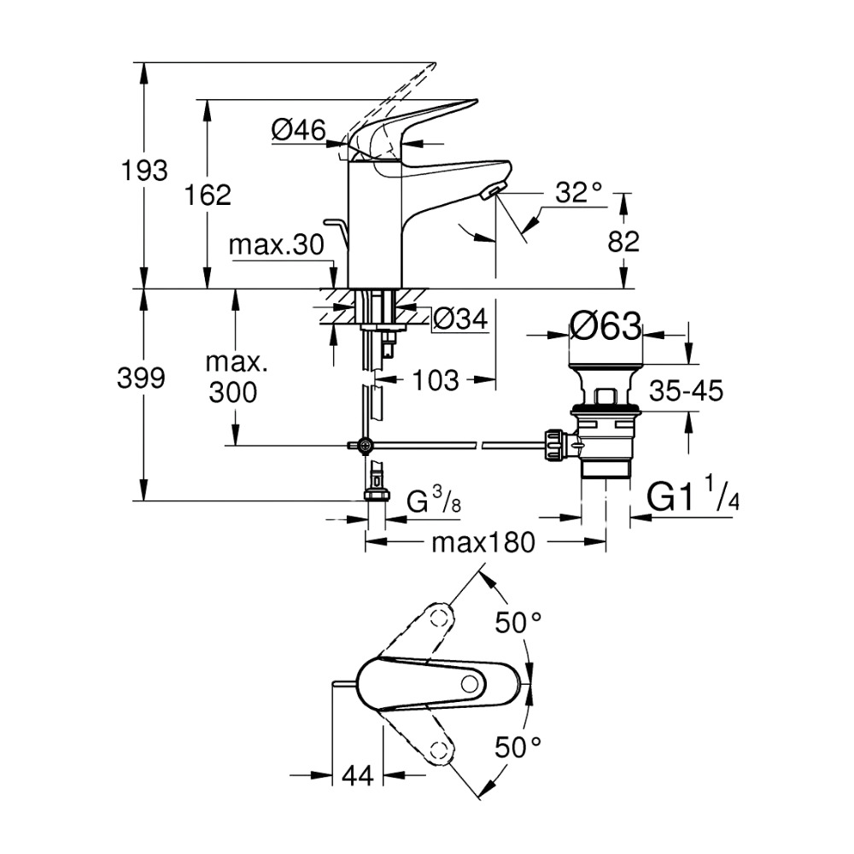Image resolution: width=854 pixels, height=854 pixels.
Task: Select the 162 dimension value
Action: click(208, 196)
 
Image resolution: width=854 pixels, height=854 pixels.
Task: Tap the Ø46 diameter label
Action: click(298, 130)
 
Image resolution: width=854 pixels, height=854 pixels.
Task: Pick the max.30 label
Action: click(276, 246)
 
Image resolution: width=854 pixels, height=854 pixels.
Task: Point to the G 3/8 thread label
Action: click(435, 500)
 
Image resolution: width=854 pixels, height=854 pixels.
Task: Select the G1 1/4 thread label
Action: click(693, 497)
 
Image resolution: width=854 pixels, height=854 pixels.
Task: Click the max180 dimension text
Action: click(483, 541)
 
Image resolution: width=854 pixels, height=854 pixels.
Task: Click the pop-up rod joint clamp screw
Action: click(366, 444)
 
